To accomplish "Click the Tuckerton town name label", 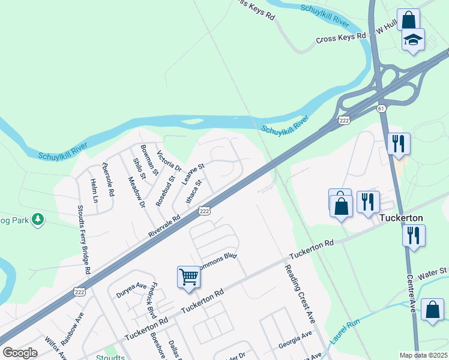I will click(x=402, y=218).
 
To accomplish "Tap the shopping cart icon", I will click(x=188, y=277).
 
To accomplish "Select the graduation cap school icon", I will click(x=412, y=40).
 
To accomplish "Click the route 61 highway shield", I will click(x=381, y=108).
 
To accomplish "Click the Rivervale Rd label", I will click(x=164, y=227).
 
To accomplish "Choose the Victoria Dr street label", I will click(x=169, y=161).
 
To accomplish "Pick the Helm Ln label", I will click(x=94, y=190).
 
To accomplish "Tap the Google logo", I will click(x=20, y=353).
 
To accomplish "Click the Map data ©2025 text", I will click(x=423, y=355).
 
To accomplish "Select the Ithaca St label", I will click(x=194, y=192).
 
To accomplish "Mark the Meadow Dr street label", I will click(x=137, y=192).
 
